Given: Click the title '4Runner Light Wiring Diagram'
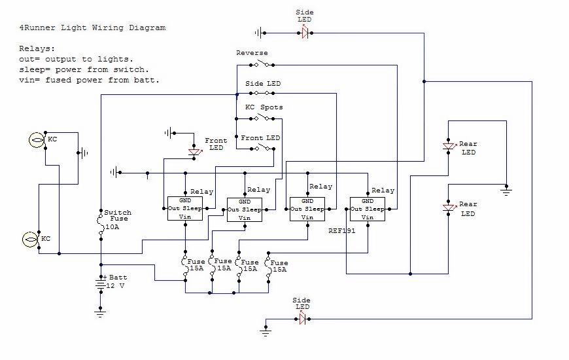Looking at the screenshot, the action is tap(92, 27).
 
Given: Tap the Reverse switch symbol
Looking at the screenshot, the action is tap(262, 64).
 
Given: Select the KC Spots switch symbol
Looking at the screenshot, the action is tap(262, 117).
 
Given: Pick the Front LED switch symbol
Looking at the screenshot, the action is tap(262, 147).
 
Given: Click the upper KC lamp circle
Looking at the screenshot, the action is tap(37, 140).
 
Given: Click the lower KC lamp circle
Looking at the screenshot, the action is tap(31, 240).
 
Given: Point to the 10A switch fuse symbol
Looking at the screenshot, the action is tap(101, 225).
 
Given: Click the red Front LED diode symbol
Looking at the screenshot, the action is tap(194, 152).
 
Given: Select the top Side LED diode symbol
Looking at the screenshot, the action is tap(305, 33).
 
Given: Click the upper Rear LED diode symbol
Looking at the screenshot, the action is tap(449, 146).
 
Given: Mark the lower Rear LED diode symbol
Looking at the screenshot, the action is tap(449, 207).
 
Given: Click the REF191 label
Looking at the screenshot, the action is tap(342, 230).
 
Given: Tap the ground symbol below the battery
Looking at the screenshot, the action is tap(101, 312).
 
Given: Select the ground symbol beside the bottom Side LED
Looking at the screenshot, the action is tap(266, 331).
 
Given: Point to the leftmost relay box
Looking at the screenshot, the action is tap(185, 209).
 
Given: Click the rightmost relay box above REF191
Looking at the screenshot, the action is tap(368, 209).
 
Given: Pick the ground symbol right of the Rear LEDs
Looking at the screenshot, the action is tap(506, 190).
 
